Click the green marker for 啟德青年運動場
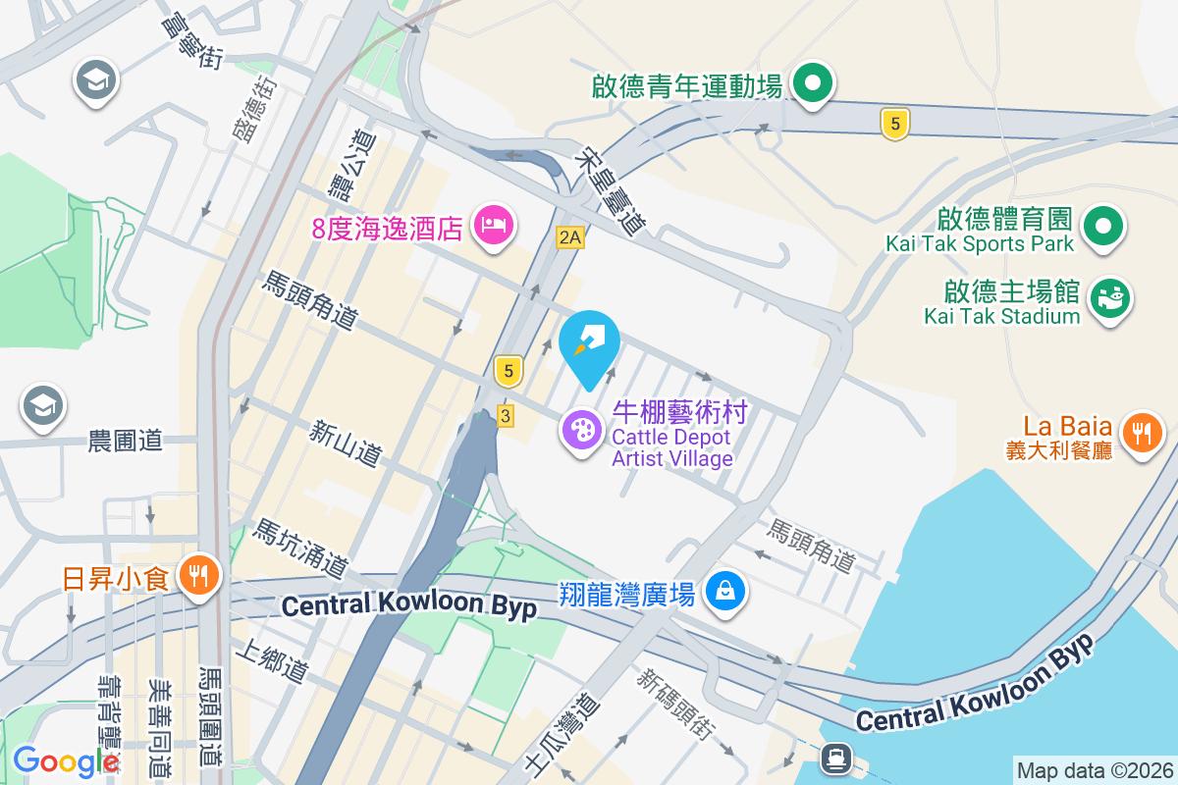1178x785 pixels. coord(813,84)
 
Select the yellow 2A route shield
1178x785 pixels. coord(569,236)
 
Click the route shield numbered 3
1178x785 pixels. coord(506,416)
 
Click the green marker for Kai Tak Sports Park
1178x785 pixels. coord(1104,226)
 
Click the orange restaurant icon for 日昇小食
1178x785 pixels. coord(200,576)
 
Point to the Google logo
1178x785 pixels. coord(66,761)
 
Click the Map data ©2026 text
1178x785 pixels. coord(1094,770)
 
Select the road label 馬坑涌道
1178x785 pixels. coord(300,549)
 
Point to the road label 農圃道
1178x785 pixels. coord(125,442)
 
